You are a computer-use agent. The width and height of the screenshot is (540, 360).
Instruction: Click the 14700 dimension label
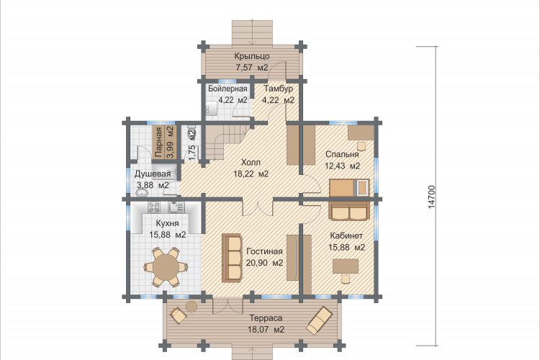(x=432, y=197)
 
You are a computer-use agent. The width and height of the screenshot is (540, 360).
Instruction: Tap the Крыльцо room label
(x=252, y=56)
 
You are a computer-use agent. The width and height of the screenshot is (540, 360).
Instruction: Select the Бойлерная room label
(x=228, y=89)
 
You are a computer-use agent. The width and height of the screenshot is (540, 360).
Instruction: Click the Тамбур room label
(x=278, y=89)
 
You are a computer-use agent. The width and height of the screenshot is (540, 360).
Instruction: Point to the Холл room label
(x=251, y=162)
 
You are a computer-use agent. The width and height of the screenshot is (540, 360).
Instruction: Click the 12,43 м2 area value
(x=342, y=166)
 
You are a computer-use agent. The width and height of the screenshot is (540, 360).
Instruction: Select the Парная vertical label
(x=158, y=143)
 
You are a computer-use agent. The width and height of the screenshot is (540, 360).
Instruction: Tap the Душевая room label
(x=153, y=174)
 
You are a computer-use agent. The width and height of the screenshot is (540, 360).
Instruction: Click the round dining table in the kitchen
(x=167, y=266)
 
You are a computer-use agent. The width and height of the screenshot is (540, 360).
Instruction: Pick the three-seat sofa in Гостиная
(x=231, y=258)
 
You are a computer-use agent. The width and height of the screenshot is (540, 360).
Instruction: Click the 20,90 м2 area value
(x=264, y=263)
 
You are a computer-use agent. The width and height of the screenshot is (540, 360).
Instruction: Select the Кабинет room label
(x=346, y=235)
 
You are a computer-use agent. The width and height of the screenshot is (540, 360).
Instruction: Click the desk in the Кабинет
(x=346, y=266)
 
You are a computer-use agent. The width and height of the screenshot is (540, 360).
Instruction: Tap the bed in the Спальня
(x=349, y=188)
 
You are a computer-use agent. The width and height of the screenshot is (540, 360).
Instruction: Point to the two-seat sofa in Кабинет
(x=348, y=211)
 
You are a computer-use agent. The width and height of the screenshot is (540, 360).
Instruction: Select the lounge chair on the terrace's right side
(x=320, y=320)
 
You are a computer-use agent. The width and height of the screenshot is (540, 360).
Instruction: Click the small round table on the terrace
(x=191, y=306)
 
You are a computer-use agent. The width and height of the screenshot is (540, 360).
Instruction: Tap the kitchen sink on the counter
(x=176, y=207)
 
